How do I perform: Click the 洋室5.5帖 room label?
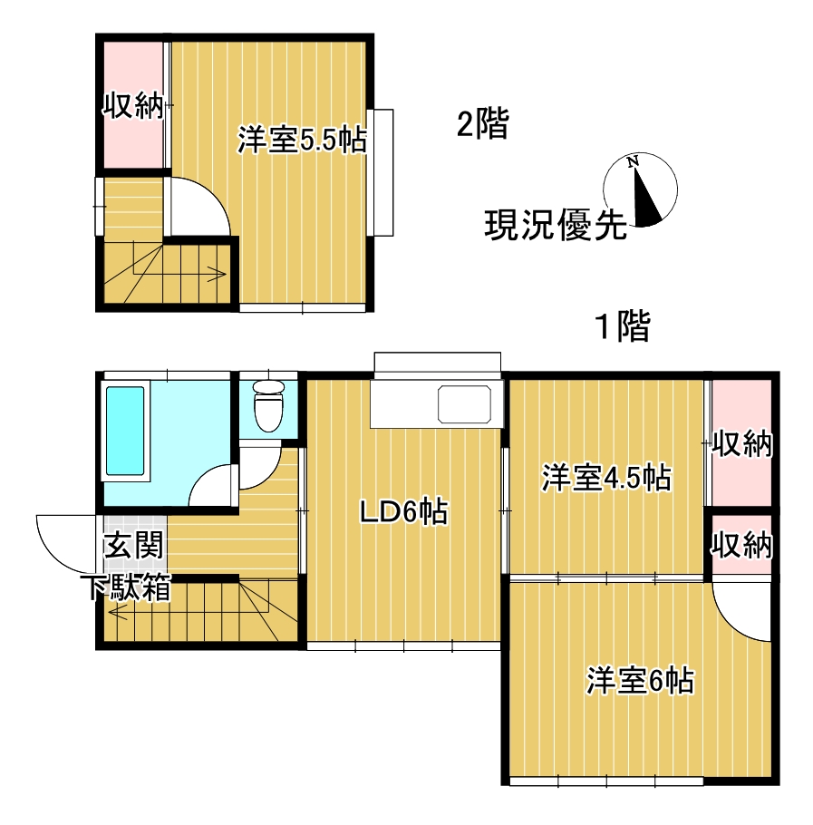(302, 141)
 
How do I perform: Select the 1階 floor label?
(622, 326)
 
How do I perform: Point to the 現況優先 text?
(555, 224)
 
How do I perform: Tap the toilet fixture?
(268, 404)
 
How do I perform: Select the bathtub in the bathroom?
(125, 431)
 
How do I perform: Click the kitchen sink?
(469, 403)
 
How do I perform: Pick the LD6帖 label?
(402, 512)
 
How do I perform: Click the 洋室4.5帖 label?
(606, 477)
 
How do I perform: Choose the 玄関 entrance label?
(133, 546)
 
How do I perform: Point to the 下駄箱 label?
(129, 587)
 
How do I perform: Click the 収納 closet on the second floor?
(131, 106)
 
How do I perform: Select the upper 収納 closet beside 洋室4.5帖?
(740, 444)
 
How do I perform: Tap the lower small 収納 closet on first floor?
(740, 546)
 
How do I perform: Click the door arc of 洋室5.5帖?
(201, 204)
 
